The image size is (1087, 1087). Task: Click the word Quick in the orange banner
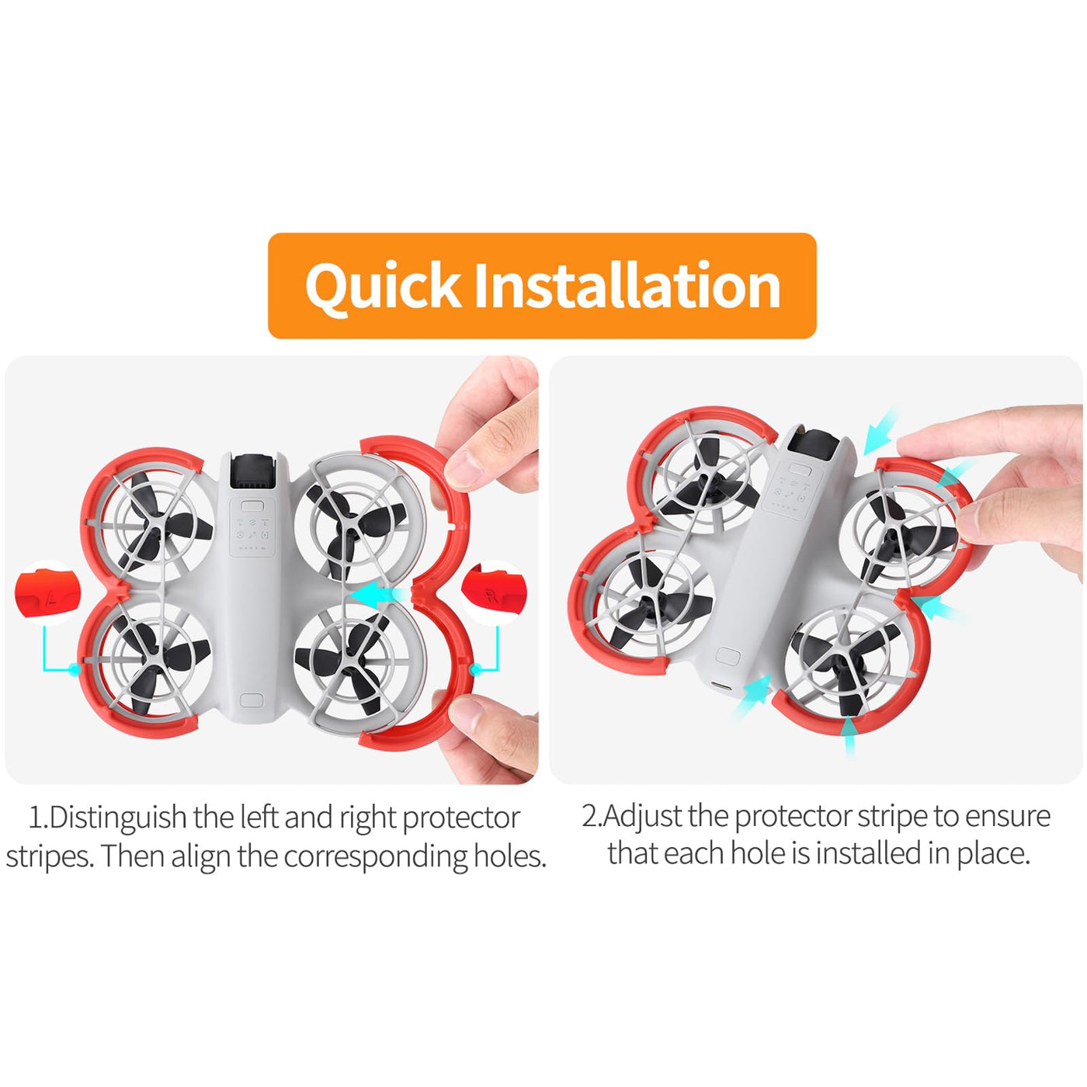click(x=382, y=286)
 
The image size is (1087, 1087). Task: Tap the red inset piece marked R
click(x=494, y=591)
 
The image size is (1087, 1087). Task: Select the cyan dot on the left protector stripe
click(x=74, y=669)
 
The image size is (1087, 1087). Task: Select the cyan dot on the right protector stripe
click(x=475, y=669)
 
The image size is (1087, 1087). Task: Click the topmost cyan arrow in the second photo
click(x=880, y=432)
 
